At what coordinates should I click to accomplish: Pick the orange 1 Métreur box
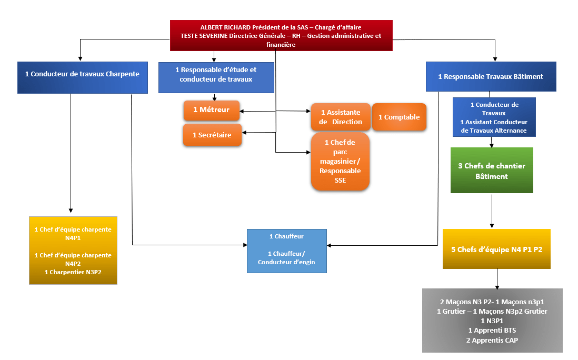coord(211,110)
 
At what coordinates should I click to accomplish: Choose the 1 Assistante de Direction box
coord(341,117)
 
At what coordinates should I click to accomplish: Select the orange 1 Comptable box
coord(399,117)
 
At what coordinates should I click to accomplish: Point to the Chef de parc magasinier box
coord(340,161)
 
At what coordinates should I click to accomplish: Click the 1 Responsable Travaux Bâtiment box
coord(490,77)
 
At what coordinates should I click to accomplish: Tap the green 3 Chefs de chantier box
coord(492,171)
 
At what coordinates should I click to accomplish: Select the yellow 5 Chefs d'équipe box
coord(496,249)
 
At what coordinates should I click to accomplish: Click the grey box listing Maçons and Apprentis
coord(492,321)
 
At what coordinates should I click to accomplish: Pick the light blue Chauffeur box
coord(286,251)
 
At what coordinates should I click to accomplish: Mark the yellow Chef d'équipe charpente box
coord(73,250)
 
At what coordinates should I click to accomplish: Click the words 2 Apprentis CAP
coord(492,340)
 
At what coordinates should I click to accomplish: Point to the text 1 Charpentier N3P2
coord(73,272)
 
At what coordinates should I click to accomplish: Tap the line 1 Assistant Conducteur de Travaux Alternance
coord(493,126)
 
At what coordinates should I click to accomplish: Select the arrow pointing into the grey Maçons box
coord(496,279)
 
